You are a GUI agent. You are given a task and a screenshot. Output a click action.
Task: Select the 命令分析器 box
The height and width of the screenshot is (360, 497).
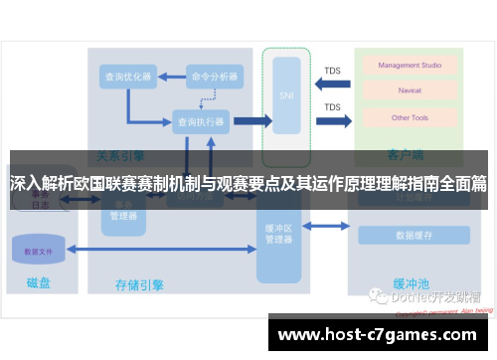pyautogui.click(x=215, y=77)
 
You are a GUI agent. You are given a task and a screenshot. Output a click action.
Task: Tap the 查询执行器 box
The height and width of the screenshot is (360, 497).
pyautogui.click(x=200, y=121)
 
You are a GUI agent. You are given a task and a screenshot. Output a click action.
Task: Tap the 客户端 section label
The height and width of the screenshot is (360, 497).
pyautogui.click(x=406, y=156)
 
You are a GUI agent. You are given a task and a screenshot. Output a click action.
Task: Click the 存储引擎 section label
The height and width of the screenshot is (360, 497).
pyautogui.click(x=140, y=285)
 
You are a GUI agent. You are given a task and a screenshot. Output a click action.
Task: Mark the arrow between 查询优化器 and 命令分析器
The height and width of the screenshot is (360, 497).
pyautogui.click(x=171, y=77)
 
